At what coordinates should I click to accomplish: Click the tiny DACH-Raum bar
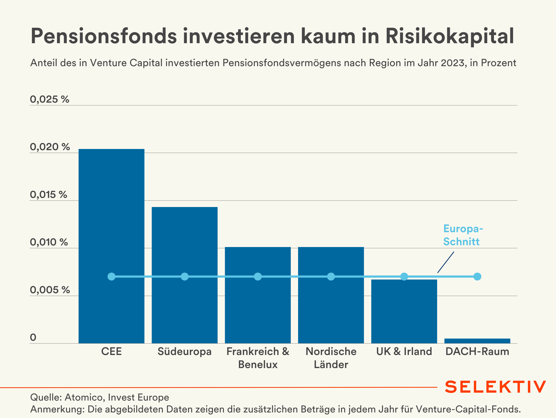pos(477,341)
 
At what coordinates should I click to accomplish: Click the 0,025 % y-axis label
pos(49,99)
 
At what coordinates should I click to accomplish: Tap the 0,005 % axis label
pos(50,290)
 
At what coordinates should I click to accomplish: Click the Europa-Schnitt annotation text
pos(463,235)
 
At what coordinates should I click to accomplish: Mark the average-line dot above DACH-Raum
pos(477,277)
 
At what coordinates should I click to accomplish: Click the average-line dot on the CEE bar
pos(111,277)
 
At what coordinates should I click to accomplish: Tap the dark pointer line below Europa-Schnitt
pos(446,262)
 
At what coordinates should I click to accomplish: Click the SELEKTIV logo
pos(495,387)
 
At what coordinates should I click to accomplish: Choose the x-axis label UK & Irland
pos(404,351)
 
